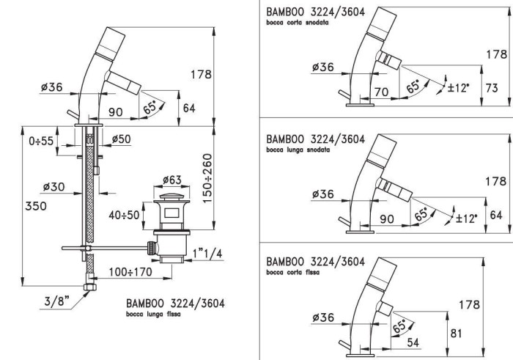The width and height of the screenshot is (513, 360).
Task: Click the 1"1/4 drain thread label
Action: coord(208,254)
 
